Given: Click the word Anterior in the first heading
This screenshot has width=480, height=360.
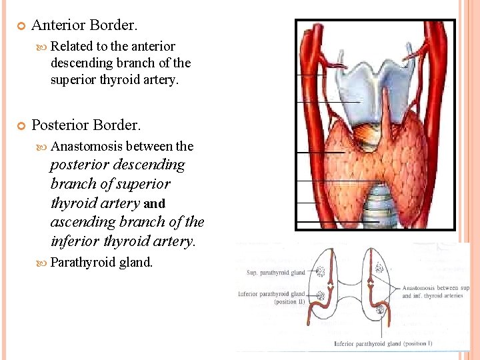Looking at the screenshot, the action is [x=58, y=25].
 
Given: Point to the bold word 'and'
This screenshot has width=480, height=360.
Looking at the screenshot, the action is [x=155, y=203].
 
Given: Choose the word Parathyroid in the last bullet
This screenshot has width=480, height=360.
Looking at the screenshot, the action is [x=83, y=263].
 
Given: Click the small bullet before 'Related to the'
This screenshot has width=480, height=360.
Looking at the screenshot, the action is [x=44, y=47].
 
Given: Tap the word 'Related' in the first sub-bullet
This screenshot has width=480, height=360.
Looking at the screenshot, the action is [x=71, y=46].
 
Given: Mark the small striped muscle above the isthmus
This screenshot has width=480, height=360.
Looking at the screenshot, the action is [x=365, y=136].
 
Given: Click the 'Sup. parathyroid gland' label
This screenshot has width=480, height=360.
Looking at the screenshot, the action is [x=275, y=273].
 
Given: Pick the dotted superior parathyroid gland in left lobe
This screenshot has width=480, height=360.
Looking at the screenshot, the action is [x=320, y=271].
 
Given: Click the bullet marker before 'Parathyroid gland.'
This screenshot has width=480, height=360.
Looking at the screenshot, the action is [x=44, y=263].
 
